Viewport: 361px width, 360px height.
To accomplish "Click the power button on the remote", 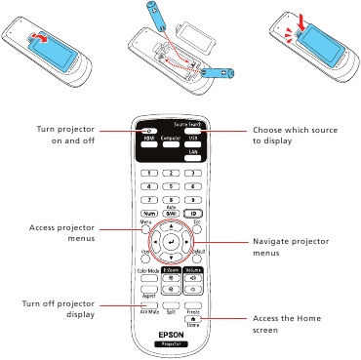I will [148, 131].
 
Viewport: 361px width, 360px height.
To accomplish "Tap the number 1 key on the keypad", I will [148, 173].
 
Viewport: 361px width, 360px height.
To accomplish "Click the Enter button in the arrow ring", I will [172, 240].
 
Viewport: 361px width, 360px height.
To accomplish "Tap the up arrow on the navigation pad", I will [172, 224].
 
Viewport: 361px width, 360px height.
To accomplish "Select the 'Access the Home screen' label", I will [284, 325].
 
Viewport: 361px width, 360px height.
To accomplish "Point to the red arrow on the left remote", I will [41, 35].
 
